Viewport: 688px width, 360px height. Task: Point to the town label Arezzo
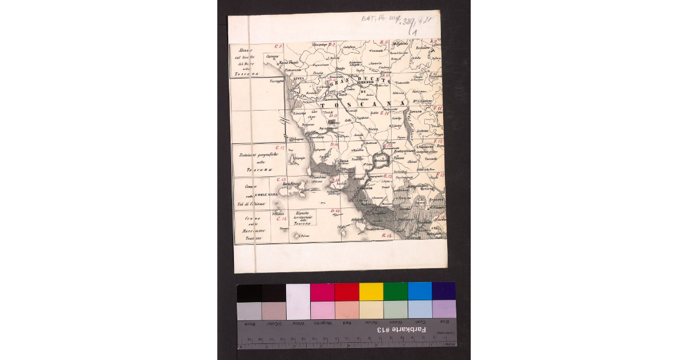[416, 111]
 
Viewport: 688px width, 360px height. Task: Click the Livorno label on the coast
[300, 114]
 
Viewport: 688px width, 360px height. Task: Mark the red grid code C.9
[279, 46]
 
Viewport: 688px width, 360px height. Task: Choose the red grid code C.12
[282, 148]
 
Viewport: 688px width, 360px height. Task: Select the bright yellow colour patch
[371, 292]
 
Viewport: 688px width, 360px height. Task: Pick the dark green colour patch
[396, 292]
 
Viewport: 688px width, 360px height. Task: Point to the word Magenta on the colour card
[322, 323]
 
